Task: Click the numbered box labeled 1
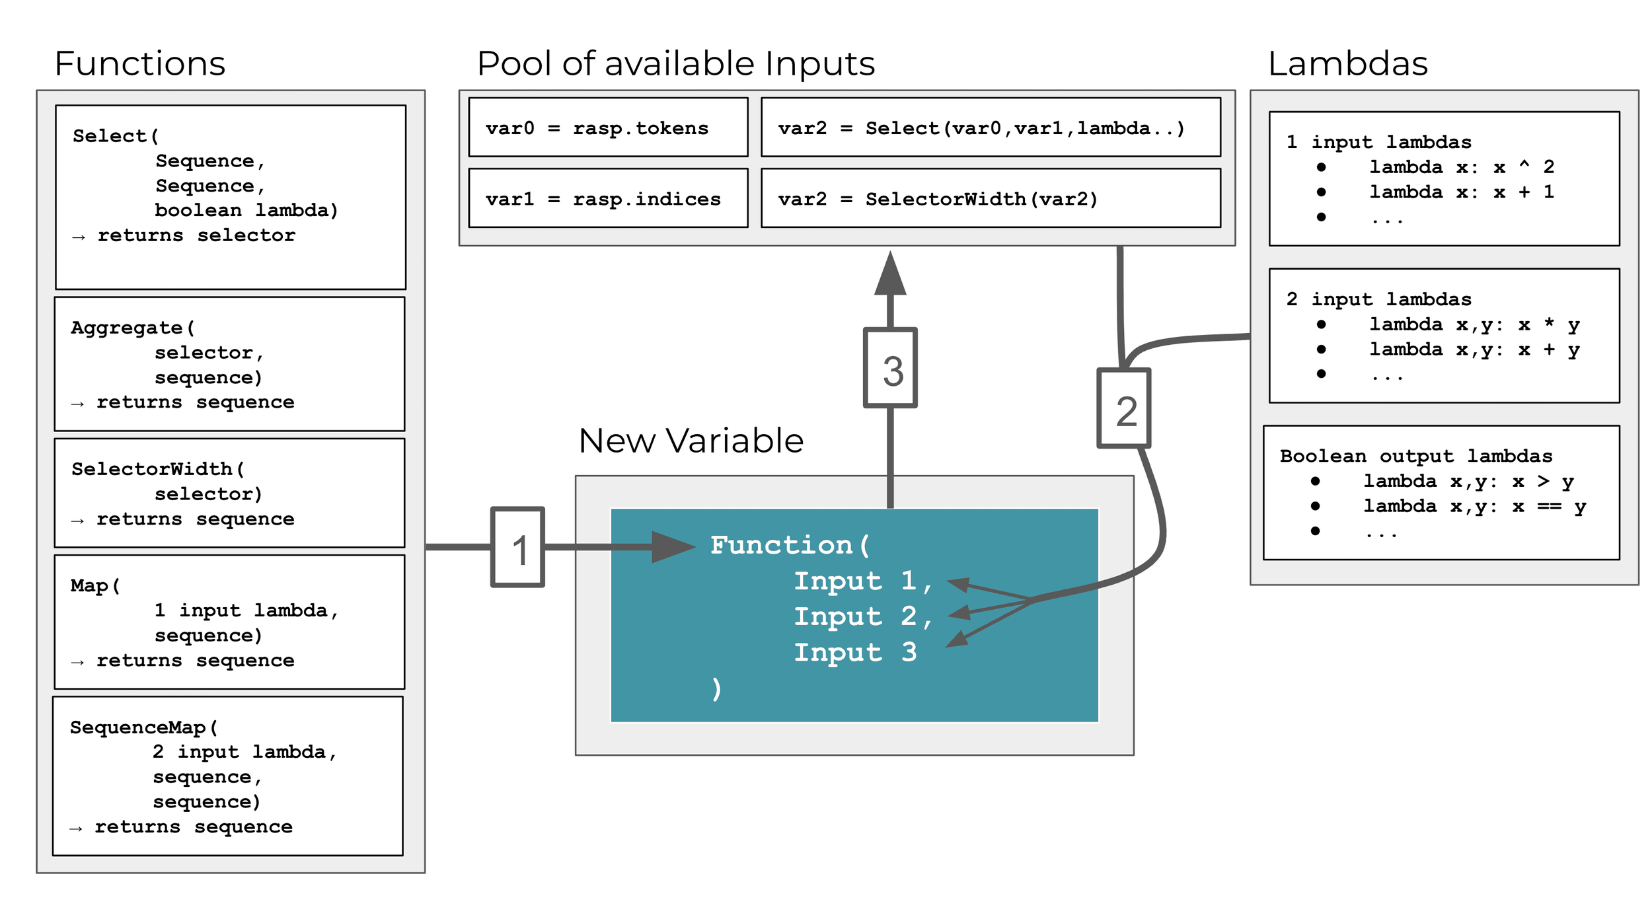pos(517,547)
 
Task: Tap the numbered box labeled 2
pos(1123,408)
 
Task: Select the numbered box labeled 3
pos(890,368)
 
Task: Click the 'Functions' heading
pos(140,64)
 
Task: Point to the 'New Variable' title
pos(691,441)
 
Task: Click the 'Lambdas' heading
pos(1347,64)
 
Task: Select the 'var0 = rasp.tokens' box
pos(608,128)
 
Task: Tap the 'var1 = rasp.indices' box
pos(608,198)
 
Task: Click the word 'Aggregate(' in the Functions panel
pos(133,328)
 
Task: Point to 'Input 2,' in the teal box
pos(862,616)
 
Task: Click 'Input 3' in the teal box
pos(855,652)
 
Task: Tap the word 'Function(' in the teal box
pos(790,545)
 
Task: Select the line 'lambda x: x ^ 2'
pos(1460,167)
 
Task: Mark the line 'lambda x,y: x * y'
pos(1474,324)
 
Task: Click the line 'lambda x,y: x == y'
pos(1474,507)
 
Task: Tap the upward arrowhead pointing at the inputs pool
pos(890,274)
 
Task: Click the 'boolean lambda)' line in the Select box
pos(246,210)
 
